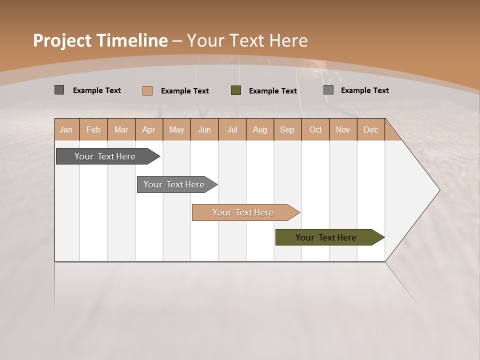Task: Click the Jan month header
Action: click(x=66, y=129)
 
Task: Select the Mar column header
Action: click(x=121, y=129)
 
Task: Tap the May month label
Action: click(x=176, y=129)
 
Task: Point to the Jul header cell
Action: click(x=232, y=129)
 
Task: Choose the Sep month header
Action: click(x=287, y=129)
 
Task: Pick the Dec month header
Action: click(x=370, y=129)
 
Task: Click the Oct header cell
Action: click(x=315, y=129)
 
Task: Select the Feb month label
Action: click(x=93, y=129)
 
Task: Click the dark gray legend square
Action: click(x=59, y=90)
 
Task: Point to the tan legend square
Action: click(x=147, y=90)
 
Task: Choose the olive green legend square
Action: click(x=236, y=90)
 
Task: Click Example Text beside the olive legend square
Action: click(x=273, y=91)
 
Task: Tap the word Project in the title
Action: click(x=62, y=40)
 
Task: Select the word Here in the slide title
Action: click(x=288, y=40)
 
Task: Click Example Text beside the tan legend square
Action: click(x=185, y=91)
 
